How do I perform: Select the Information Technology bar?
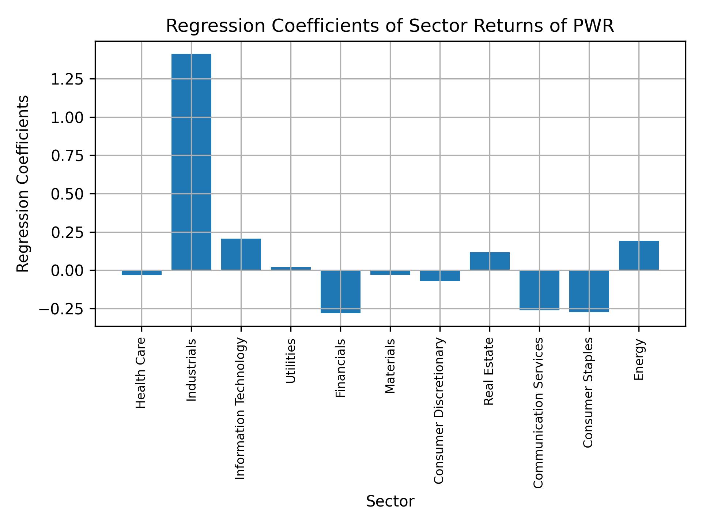coord(241,254)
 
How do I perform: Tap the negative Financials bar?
coord(340,292)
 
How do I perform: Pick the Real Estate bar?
coord(490,261)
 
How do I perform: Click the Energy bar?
coord(639,255)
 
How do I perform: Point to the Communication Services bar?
coord(539,290)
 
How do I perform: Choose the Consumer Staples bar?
coord(589,291)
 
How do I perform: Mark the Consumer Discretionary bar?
coord(440,276)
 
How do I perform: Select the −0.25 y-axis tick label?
coord(63,309)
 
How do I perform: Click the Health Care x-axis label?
coord(141,373)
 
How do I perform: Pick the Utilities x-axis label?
coord(291,361)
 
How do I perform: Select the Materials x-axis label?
coord(390,366)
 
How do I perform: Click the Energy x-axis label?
coord(639,360)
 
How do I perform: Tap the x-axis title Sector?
coord(390,501)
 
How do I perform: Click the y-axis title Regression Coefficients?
coord(23,184)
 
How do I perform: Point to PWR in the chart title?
coord(596,26)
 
